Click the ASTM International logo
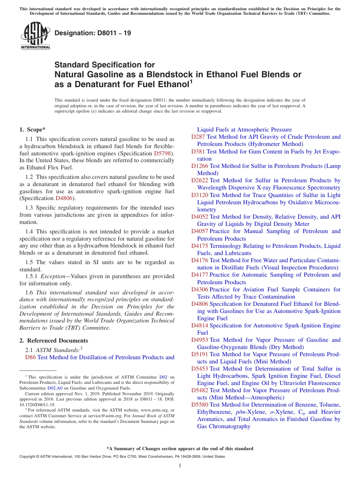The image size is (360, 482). [35, 36]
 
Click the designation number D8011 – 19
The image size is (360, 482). [93, 33]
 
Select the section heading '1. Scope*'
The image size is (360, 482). [33, 129]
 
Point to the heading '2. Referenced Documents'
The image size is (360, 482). [54, 341]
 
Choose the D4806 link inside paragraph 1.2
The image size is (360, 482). [64, 198]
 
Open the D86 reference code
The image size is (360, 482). [30, 357]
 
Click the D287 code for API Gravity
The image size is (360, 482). [198, 137]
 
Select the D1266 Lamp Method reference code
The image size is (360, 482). [200, 166]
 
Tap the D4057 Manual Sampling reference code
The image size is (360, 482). [200, 231]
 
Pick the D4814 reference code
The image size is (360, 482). [200, 326]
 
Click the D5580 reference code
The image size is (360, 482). [200, 405]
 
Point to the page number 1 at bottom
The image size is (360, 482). [180, 466]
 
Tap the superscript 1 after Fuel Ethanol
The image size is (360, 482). [191, 81]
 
